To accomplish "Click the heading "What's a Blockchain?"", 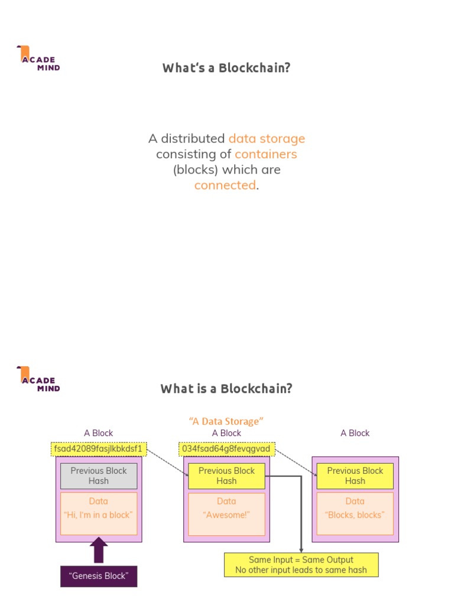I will (x=226, y=67).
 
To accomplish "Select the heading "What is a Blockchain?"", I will (x=226, y=389).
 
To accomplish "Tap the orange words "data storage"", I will (x=267, y=139).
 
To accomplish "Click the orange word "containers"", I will (x=265, y=154).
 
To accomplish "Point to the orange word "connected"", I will (x=225, y=185).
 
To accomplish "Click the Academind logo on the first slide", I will (x=38, y=58).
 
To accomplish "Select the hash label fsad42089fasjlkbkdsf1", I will (x=99, y=449).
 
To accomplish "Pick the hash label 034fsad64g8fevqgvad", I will (x=226, y=449).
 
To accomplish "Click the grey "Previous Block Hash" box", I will (x=99, y=476).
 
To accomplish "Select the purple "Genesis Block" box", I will (x=99, y=576).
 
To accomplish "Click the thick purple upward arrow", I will (x=99, y=550).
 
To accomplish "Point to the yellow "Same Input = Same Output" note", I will (x=301, y=565).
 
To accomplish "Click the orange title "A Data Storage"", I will (x=226, y=421).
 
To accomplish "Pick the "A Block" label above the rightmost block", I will (x=355, y=433).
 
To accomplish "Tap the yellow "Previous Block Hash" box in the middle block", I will (x=226, y=476).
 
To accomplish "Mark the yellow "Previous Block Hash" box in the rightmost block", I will (x=355, y=476).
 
